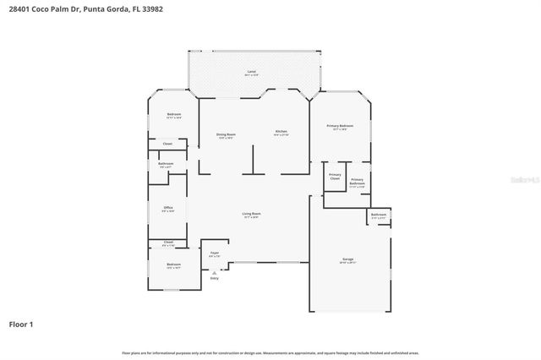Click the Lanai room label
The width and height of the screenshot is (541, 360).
click(x=251, y=72)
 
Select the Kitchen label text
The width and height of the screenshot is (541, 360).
click(x=281, y=132)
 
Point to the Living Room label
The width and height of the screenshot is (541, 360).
click(x=251, y=215)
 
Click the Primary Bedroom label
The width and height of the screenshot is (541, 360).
click(x=340, y=127)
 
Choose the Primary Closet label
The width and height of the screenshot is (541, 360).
click(x=335, y=177)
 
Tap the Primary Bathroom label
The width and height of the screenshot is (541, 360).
click(x=357, y=182)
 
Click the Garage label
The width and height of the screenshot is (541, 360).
click(x=347, y=260)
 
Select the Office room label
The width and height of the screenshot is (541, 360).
click(x=168, y=208)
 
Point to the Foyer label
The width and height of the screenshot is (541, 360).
click(x=214, y=254)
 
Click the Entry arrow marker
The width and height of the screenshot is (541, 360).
click(x=214, y=272)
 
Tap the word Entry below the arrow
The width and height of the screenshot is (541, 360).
click(x=214, y=279)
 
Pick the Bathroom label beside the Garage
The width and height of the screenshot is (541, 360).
click(x=378, y=215)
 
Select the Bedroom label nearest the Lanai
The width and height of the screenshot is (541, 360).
click(x=173, y=115)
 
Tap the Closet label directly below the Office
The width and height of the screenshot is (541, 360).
click(x=168, y=243)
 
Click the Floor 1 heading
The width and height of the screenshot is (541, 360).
click(x=22, y=324)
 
